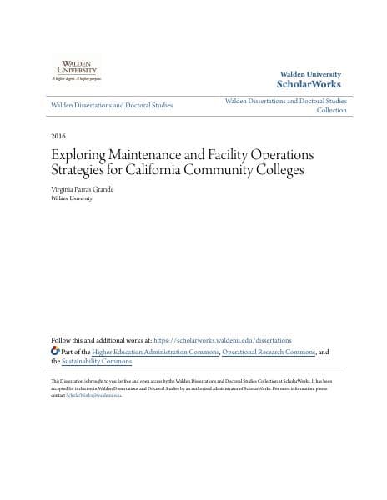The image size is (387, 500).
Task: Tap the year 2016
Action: [x=58, y=136]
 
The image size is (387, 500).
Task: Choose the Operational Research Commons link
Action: [x=269, y=352]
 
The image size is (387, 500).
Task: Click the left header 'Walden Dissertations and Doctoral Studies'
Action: [x=112, y=105]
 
